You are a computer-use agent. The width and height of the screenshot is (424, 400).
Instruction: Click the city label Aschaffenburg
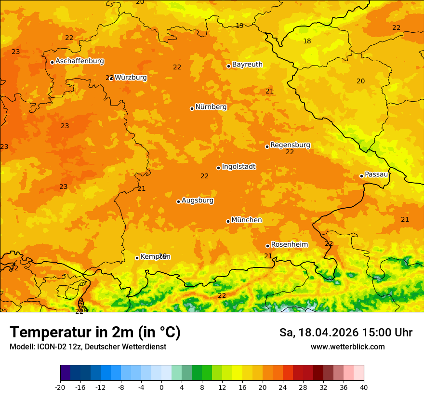click(x=79, y=61)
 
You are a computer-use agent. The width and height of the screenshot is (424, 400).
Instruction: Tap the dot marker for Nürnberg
click(x=192, y=108)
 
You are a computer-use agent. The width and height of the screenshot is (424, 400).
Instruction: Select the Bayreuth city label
click(x=247, y=64)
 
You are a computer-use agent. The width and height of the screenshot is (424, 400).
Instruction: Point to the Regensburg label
click(x=290, y=145)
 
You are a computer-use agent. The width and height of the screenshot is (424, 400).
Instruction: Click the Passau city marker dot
click(x=361, y=176)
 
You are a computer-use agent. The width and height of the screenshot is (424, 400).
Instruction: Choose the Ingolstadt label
click(x=238, y=166)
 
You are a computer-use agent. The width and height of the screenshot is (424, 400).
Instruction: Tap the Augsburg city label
click(x=198, y=200)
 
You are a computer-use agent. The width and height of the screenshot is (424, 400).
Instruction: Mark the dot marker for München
click(x=228, y=221)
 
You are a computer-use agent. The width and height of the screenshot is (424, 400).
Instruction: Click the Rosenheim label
click(x=289, y=244)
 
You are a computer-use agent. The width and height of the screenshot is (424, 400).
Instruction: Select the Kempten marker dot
click(x=137, y=258)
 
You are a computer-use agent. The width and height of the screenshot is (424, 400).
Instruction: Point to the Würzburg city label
click(x=131, y=77)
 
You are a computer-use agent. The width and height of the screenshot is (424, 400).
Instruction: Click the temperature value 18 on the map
click(x=307, y=41)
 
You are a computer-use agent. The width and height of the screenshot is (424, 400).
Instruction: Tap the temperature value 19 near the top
click(x=239, y=26)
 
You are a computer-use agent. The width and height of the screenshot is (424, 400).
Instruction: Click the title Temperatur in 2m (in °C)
click(x=95, y=332)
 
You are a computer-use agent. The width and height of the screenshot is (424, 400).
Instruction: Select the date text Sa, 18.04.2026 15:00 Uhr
click(x=345, y=333)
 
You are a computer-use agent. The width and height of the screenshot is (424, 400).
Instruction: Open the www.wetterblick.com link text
click(x=347, y=347)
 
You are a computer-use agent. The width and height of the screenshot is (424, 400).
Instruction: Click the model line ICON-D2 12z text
click(x=88, y=347)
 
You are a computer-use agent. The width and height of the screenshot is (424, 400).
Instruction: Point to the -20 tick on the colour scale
click(x=60, y=387)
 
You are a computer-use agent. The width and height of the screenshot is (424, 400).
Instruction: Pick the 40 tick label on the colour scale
click(x=364, y=387)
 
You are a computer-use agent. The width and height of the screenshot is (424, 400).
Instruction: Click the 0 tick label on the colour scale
click(x=161, y=387)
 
